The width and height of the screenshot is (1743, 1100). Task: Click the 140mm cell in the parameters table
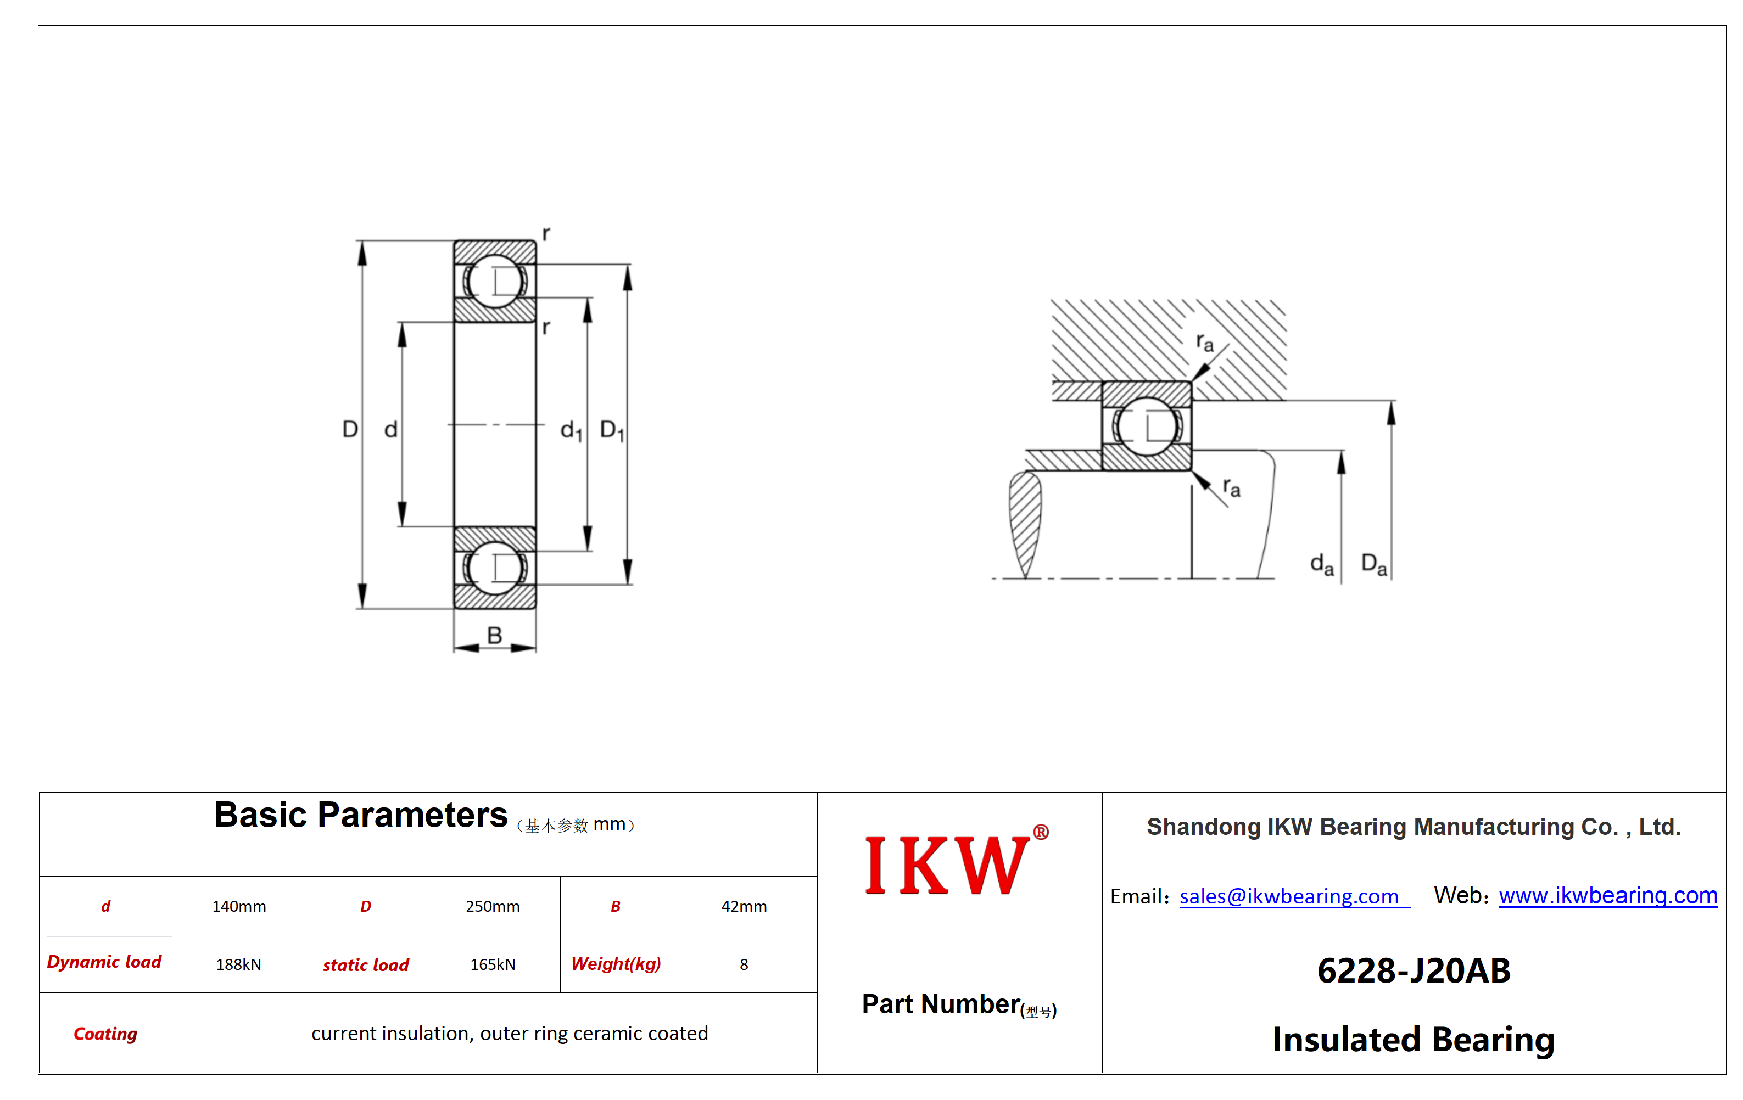[x=239, y=906]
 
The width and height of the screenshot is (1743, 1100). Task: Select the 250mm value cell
[x=492, y=906]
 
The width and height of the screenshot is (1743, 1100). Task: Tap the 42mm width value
[x=744, y=906]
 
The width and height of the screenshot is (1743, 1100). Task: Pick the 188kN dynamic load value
[x=238, y=964]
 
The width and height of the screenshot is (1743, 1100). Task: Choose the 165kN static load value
[x=492, y=964]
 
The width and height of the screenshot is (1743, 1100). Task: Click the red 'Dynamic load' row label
[x=104, y=962]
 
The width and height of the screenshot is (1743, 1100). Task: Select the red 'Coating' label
[x=105, y=1034]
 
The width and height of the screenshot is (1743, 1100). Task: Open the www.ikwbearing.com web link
[x=1608, y=895]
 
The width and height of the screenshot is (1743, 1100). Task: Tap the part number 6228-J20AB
[x=1414, y=970]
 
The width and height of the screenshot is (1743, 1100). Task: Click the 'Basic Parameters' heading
[x=360, y=815]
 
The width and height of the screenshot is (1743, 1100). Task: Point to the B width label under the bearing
[x=494, y=636]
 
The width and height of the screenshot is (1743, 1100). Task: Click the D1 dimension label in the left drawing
[x=612, y=430]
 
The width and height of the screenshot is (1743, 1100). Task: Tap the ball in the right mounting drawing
[x=1147, y=426]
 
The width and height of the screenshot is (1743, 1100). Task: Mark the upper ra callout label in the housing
[x=1204, y=341]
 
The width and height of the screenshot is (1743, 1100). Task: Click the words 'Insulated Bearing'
[x=1414, y=1039]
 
